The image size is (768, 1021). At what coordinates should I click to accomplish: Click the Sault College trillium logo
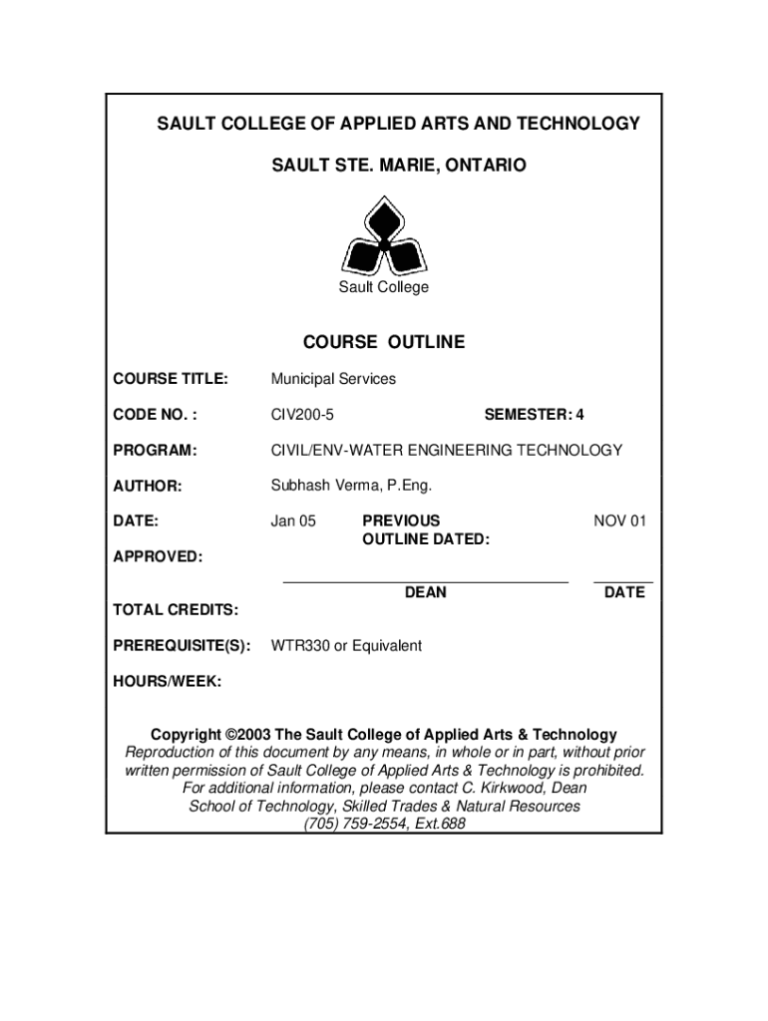tap(384, 237)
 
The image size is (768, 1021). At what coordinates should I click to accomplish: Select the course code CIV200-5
tap(302, 415)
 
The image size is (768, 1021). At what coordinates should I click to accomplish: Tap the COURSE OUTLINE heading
tap(384, 343)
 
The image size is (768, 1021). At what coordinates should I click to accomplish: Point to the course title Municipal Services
tap(333, 379)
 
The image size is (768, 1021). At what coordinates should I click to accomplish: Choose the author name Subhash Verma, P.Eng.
tap(352, 487)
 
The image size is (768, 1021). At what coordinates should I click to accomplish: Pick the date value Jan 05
tap(293, 520)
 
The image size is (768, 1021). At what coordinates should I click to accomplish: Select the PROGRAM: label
tap(155, 451)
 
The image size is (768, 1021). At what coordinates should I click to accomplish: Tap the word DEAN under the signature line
tap(425, 593)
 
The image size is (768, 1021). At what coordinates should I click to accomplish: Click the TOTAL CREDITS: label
tap(176, 609)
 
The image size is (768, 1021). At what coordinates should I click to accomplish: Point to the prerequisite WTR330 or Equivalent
tap(346, 646)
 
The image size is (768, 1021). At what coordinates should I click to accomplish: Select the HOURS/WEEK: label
tap(168, 682)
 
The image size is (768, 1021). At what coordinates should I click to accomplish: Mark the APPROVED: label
tap(158, 556)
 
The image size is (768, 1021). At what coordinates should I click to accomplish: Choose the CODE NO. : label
tap(155, 415)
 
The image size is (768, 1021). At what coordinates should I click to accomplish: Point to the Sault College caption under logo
tap(384, 288)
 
